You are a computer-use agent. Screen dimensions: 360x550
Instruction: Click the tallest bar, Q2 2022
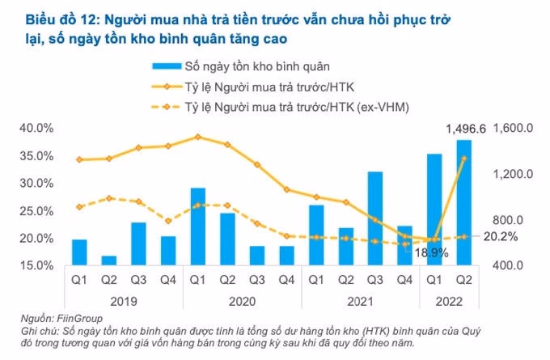(x=463, y=202)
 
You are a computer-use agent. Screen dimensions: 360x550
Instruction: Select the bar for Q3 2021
(x=375, y=218)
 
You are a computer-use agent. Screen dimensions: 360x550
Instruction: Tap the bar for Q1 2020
(x=197, y=227)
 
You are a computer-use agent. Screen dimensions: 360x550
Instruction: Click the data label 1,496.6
(x=466, y=129)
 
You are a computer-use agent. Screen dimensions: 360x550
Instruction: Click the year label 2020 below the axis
(x=242, y=299)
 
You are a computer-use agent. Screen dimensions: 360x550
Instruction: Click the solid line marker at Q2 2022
(x=463, y=159)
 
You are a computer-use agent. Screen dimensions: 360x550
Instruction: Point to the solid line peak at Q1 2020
(x=197, y=137)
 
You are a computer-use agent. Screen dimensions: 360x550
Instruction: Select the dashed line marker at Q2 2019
(x=108, y=198)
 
